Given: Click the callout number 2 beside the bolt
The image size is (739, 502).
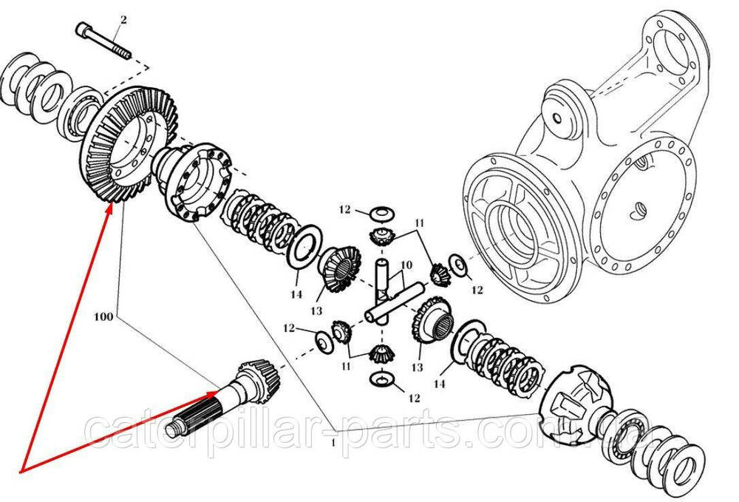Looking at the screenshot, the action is point(123,20).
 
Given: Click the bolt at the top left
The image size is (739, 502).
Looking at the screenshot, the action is point(103,41).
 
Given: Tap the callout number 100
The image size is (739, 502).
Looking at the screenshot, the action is point(103,316).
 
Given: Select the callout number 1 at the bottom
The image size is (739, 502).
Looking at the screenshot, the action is point(333,443).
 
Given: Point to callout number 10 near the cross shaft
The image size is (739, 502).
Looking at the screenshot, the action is point(406,265).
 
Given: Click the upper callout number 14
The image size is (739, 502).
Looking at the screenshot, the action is point(296,294).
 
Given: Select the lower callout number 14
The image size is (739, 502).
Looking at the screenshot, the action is point(439,384).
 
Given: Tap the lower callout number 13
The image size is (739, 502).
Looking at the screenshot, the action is point(417,367).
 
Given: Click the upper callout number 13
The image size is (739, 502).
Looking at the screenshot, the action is point(316,311).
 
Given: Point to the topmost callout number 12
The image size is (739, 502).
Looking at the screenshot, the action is point(345,208).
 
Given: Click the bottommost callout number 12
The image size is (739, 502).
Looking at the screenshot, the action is point(414,398).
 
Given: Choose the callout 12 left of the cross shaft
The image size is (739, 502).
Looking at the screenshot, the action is point(289,328).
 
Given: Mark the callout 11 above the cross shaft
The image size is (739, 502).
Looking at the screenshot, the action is point(420,223).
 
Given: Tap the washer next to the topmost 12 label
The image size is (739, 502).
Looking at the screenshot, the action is point(381,214).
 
